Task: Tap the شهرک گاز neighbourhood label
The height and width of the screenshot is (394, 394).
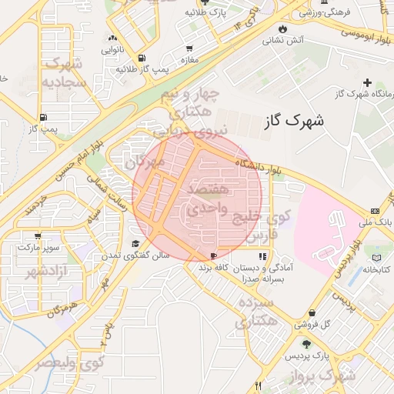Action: coord(292,121)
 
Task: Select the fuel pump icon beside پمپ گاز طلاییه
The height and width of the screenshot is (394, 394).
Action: coord(141,58)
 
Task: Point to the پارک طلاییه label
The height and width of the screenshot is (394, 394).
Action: coord(208,14)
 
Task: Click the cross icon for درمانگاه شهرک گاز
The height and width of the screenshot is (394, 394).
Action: coord(367,82)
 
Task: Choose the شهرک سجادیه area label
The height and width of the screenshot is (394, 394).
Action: coord(64,72)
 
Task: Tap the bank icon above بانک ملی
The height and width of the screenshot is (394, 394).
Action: coord(374,211)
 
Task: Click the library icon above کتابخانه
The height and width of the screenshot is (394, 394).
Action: coord(376,258)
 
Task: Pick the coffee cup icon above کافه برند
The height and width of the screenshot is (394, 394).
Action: coord(213,256)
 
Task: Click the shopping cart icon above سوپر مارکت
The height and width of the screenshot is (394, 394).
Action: coord(38,236)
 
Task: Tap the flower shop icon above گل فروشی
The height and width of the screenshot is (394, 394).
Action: coord(312,313)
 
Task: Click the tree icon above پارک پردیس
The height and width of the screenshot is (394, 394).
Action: coord(307,345)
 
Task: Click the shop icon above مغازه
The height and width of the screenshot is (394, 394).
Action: coord(190,47)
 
